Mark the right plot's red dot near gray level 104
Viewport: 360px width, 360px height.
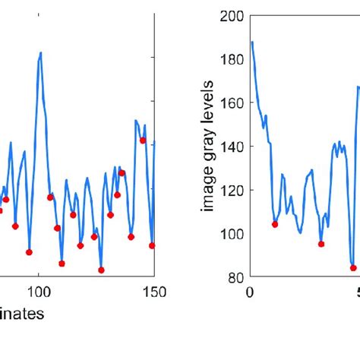275,224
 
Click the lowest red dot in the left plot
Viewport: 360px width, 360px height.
101,270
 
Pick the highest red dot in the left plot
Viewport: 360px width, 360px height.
142,140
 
